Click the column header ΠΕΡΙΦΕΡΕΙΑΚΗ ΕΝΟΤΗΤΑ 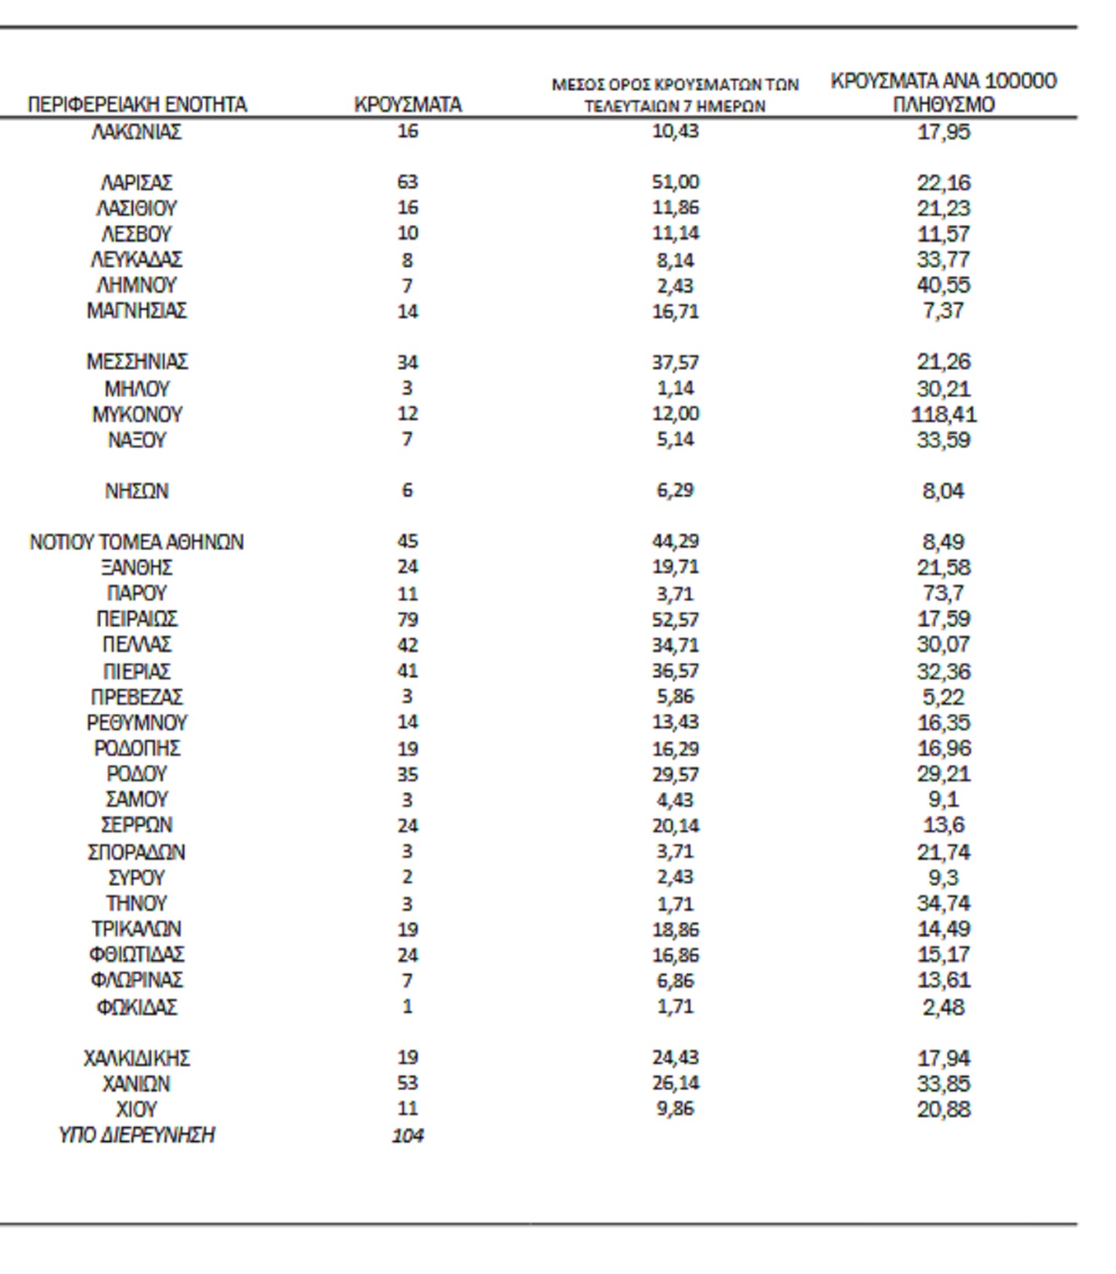[137, 104]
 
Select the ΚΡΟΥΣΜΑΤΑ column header [408, 104]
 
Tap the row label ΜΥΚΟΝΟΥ [137, 415]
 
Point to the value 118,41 [943, 415]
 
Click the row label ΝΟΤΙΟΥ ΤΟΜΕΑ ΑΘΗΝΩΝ [137, 542]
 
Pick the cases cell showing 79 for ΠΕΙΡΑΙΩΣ [408, 620]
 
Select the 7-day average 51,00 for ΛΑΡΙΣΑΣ [675, 182]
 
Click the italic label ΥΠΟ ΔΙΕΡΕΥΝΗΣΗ [137, 1136]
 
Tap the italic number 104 [408, 1136]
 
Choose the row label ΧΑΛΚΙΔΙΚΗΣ [137, 1058]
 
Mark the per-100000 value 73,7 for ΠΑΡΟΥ [943, 593]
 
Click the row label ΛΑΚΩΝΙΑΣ [137, 132]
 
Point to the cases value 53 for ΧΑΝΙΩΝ [408, 1084]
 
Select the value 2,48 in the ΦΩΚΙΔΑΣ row [943, 1007]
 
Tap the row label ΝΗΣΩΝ [137, 491]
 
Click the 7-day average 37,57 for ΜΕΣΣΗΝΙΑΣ [675, 362]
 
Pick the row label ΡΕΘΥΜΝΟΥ [137, 723]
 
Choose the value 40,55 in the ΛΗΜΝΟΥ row [943, 286]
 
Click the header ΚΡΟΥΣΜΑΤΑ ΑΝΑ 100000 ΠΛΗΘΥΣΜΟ [943, 93]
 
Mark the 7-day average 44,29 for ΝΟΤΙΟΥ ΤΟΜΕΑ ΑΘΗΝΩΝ [675, 542]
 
